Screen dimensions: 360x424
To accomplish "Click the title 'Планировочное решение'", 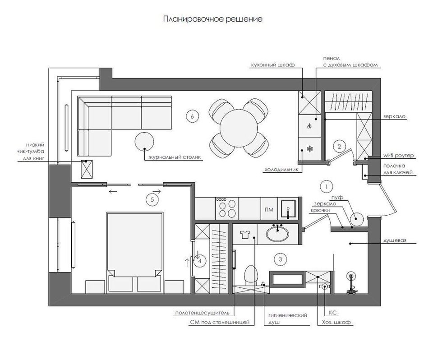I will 212,19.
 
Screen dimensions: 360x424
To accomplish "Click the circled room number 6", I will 192,116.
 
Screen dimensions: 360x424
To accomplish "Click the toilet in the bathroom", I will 249,275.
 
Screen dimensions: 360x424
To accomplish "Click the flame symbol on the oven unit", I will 310,126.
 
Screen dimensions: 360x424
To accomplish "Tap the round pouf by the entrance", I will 357,219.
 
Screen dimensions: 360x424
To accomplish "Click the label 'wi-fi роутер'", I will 397,156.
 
